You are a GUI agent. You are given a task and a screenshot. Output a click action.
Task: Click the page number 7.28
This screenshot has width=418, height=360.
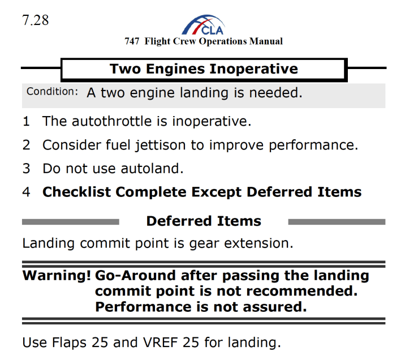pyautogui.click(x=36, y=20)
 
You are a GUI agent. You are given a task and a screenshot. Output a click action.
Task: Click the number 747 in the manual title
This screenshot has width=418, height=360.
pyautogui.click(x=132, y=41)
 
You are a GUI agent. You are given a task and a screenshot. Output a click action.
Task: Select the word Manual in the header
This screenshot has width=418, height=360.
pyautogui.click(x=266, y=41)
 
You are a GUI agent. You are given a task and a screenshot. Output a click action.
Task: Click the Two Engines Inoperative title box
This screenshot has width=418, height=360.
pyautogui.click(x=204, y=69)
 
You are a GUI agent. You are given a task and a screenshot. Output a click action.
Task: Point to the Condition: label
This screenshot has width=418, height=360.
pyautogui.click(x=52, y=92)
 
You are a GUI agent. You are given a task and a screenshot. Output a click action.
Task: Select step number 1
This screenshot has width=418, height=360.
pyautogui.click(x=26, y=121)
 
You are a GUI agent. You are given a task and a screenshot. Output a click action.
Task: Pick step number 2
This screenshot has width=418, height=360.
pyautogui.click(x=26, y=145)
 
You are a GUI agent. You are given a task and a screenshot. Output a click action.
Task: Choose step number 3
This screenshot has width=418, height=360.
pyautogui.click(x=26, y=169)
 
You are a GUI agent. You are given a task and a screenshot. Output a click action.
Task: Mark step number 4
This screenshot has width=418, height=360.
pyautogui.click(x=26, y=192)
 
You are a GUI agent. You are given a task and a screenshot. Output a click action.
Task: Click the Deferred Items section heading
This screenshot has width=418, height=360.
pyautogui.click(x=204, y=221)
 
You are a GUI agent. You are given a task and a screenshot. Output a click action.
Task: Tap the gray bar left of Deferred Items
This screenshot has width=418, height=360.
pyautogui.click(x=70, y=221)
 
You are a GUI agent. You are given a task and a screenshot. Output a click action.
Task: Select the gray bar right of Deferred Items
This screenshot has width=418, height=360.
pyautogui.click(x=337, y=221)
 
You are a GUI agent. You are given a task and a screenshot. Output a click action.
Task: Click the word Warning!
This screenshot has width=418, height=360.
pyautogui.click(x=57, y=276)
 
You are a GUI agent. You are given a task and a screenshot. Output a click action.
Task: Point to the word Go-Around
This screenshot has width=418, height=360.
pyautogui.click(x=136, y=276)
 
